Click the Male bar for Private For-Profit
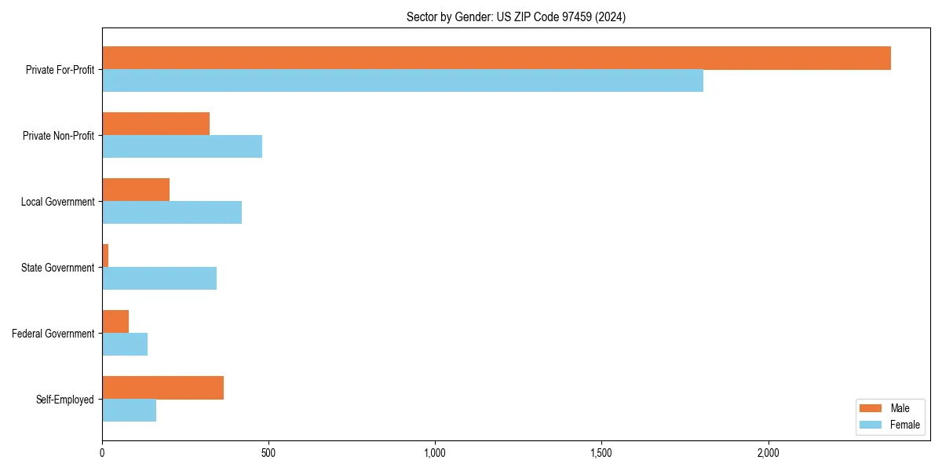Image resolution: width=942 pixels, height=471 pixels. [x=496, y=58]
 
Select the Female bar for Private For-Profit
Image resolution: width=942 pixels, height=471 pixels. [x=403, y=81]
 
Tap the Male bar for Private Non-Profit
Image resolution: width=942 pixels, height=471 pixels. [x=155, y=124]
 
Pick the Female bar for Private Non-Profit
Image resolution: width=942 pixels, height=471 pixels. [x=182, y=147]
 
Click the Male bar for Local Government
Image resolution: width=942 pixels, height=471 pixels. [x=136, y=190]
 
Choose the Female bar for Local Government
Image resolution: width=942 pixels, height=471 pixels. [x=172, y=213]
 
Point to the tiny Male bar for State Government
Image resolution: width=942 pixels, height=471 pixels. [x=105, y=256]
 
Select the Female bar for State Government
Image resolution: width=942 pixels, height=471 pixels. [x=159, y=279]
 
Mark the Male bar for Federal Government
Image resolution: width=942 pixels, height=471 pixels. [x=115, y=322]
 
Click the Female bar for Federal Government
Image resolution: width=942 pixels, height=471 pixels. [x=125, y=345]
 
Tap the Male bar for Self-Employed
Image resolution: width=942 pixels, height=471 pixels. [x=162, y=388]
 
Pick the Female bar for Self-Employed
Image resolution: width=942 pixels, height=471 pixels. [x=130, y=411]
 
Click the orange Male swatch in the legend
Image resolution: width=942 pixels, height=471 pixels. [x=871, y=408]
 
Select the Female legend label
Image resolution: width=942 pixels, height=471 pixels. [x=905, y=425]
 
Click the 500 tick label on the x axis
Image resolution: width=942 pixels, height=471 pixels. [x=268, y=453]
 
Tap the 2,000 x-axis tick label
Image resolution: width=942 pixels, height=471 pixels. [x=768, y=453]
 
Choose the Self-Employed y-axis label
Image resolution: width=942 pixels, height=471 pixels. [x=65, y=400]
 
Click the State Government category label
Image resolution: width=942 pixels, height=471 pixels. [x=58, y=268]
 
